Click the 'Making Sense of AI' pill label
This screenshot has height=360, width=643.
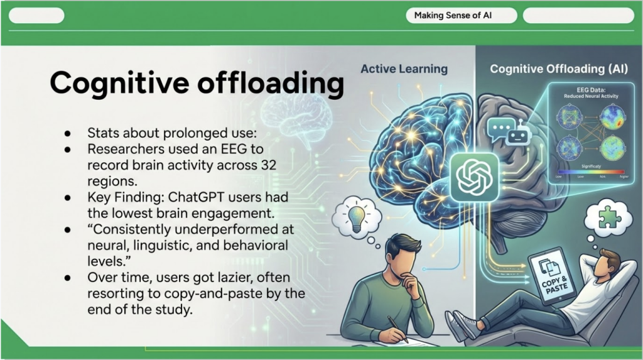pos(453,16)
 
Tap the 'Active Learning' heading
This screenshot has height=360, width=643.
pos(404,68)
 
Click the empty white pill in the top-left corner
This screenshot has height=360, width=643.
pos(36,16)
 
